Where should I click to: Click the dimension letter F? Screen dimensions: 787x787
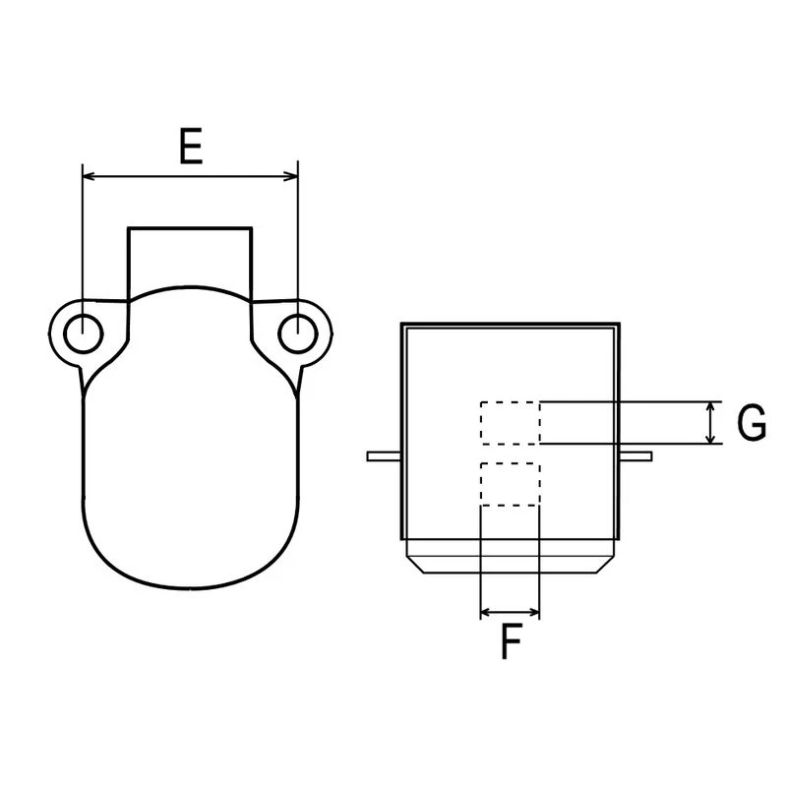510,642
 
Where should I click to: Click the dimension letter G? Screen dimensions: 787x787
752,423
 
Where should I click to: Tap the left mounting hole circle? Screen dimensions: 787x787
83,333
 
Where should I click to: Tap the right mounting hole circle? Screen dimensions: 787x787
295,333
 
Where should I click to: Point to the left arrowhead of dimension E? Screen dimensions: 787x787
89,177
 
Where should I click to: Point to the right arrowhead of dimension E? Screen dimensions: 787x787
290,177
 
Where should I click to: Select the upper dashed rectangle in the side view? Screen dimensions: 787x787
510,422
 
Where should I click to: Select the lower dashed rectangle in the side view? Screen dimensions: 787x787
510,484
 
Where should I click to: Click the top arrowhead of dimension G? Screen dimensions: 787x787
713,406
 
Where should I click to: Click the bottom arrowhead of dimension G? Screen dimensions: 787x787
713,438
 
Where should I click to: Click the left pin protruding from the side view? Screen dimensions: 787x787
383,455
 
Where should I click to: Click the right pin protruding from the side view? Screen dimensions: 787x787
637,454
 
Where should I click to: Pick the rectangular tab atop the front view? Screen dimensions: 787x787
190,258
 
